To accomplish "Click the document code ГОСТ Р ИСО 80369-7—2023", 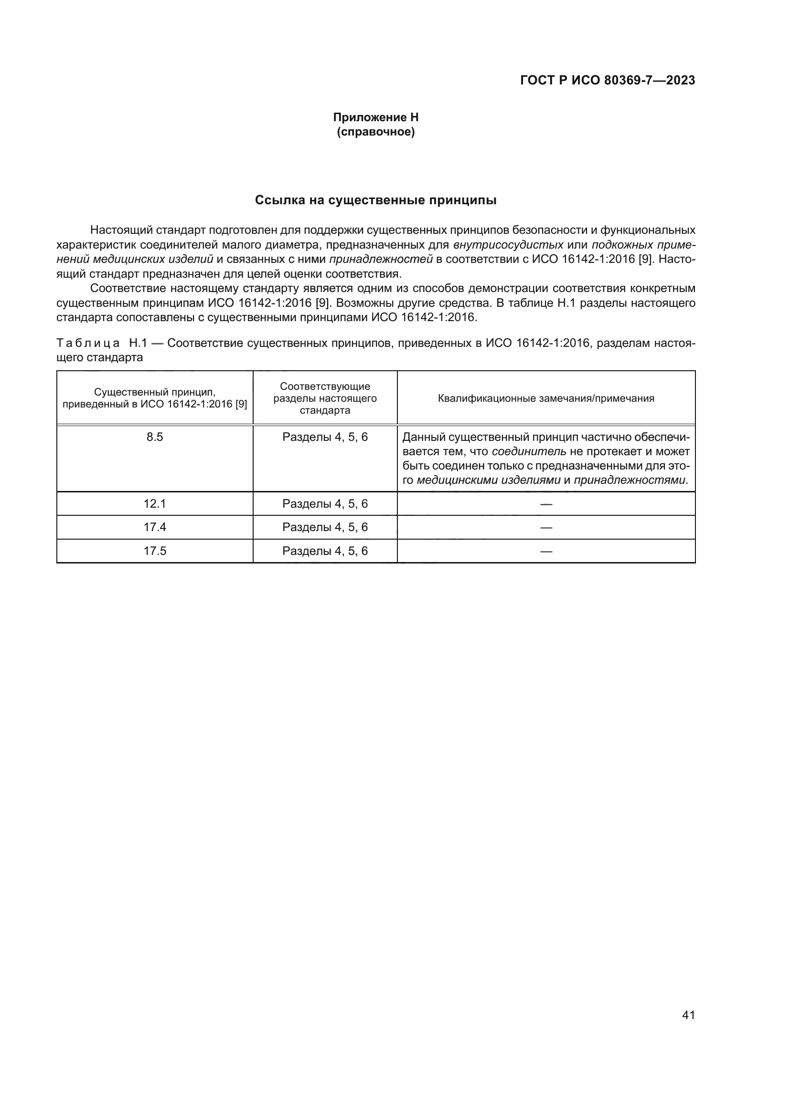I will [x=607, y=81].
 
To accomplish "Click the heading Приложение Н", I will [x=375, y=117].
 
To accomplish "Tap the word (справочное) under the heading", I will [x=375, y=132].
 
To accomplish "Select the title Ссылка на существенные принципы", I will [x=375, y=200].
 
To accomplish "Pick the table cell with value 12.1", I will [x=155, y=503].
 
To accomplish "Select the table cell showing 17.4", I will [x=155, y=527].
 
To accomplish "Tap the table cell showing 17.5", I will [x=155, y=551].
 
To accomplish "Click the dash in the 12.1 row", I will [x=546, y=504].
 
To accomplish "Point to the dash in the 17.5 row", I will [x=546, y=551].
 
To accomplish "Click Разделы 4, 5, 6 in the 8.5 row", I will [x=325, y=437].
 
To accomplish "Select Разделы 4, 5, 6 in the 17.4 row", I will [x=325, y=527].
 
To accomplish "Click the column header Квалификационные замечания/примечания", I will [x=546, y=398].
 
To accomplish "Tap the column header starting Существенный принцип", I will [x=155, y=398].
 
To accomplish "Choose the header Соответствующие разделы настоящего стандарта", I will [x=325, y=398].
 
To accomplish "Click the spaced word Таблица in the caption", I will [x=87, y=343].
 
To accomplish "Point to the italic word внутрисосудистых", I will [x=508, y=244].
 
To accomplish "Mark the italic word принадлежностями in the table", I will [x=630, y=481].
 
